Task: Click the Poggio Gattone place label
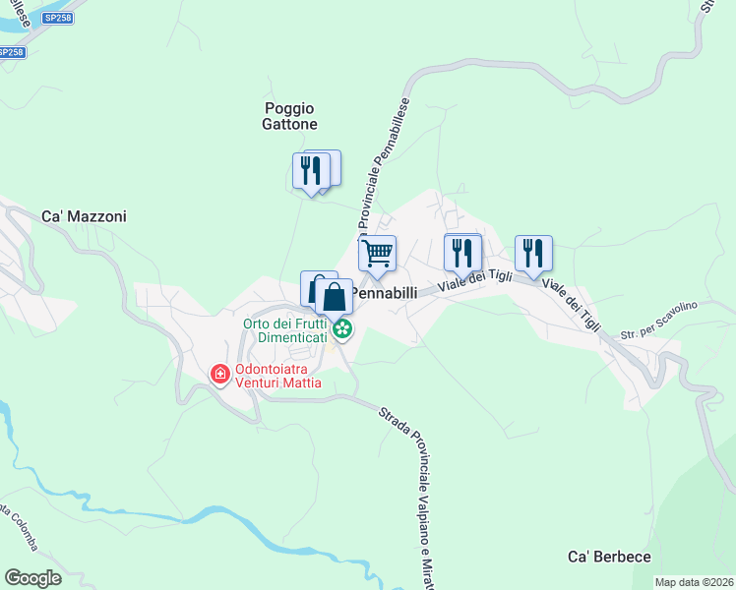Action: (x=290, y=116)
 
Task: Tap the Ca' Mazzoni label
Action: (x=84, y=216)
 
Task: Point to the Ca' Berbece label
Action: (x=610, y=557)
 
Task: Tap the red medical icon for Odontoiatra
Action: (x=220, y=375)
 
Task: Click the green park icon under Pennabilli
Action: (x=341, y=328)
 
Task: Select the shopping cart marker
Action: (x=377, y=254)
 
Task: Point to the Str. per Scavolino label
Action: (x=659, y=321)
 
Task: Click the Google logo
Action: (x=32, y=578)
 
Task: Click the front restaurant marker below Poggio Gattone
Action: (x=311, y=172)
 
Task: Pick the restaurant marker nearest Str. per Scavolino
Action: (x=533, y=253)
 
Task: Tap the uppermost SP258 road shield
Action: (x=57, y=18)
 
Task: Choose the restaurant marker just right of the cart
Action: (x=461, y=253)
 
